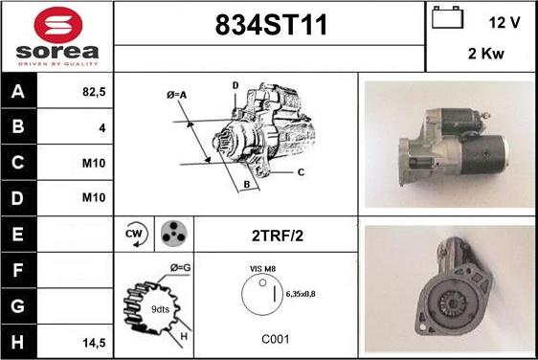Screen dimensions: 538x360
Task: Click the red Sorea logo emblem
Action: click(58, 25)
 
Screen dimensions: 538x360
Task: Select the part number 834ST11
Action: click(271, 25)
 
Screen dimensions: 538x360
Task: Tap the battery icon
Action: click(447, 17)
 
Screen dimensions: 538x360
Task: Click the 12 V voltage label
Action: click(504, 23)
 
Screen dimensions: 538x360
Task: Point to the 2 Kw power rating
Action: click(486, 54)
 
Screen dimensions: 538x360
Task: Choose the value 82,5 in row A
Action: click(94, 92)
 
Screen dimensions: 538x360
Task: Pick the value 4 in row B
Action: click(102, 128)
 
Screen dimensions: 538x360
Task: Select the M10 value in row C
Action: click(94, 163)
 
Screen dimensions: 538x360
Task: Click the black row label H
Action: click(18, 342)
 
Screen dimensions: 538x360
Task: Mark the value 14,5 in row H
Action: click(94, 343)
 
